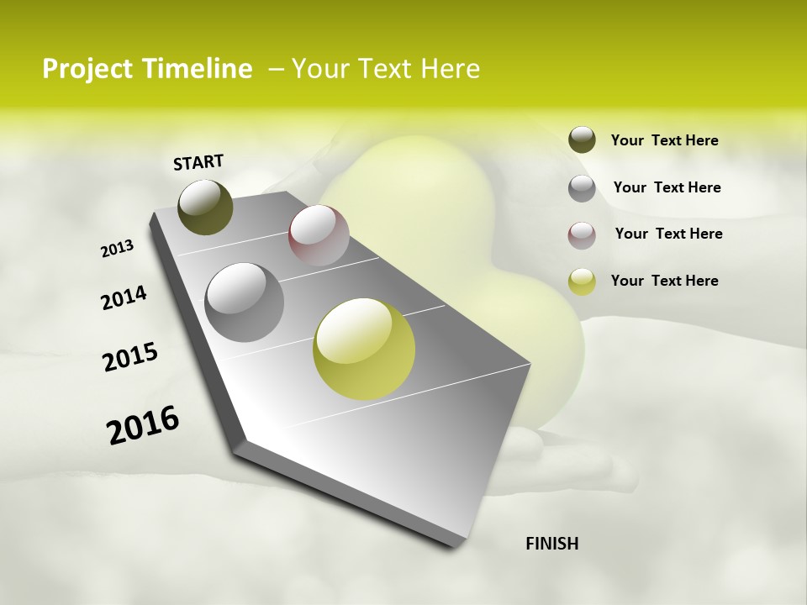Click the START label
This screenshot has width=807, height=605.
pyautogui.click(x=198, y=162)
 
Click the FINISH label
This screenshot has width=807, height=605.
pyautogui.click(x=551, y=544)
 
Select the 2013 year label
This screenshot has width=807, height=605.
pyautogui.click(x=118, y=249)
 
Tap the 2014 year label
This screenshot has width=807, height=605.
pyautogui.click(x=124, y=297)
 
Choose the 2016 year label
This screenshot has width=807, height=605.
pyautogui.click(x=143, y=424)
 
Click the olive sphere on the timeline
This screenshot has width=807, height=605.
pyautogui.click(x=206, y=207)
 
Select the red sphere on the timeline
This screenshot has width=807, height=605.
pyautogui.click(x=319, y=235)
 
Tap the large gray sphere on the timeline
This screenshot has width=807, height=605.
pyautogui.click(x=245, y=302)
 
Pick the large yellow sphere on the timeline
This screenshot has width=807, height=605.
pyautogui.click(x=364, y=349)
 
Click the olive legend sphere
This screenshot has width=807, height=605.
pyautogui.click(x=582, y=140)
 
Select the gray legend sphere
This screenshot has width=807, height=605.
pyautogui.click(x=582, y=188)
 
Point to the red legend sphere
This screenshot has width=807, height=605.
pyautogui.click(x=582, y=235)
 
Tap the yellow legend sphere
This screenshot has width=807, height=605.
pyautogui.click(x=582, y=281)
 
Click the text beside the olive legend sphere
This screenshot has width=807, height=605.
pyautogui.click(x=664, y=141)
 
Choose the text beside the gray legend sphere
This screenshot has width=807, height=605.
pyautogui.click(x=667, y=187)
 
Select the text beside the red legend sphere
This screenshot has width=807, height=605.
pyautogui.click(x=668, y=234)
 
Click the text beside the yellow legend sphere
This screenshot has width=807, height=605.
pyautogui.click(x=664, y=281)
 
